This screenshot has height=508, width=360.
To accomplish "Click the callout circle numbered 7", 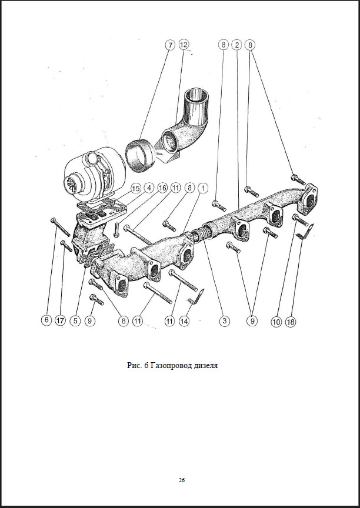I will [170, 45].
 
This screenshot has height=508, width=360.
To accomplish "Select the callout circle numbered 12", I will [184, 45].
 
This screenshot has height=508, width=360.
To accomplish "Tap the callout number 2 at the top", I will [237, 45].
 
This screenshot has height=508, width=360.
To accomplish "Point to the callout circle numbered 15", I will [135, 189].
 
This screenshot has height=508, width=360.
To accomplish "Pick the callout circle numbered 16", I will [162, 189].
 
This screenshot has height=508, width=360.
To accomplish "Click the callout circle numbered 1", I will [202, 189].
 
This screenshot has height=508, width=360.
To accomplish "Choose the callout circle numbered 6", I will [46, 321].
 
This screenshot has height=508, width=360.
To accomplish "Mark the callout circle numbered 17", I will [61, 321].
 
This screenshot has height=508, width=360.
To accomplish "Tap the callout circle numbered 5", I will [75, 321].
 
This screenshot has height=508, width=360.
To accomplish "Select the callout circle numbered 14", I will [185, 321].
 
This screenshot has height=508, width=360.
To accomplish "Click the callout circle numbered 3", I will [225, 321].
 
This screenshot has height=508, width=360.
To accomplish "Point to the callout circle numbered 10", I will [277, 321].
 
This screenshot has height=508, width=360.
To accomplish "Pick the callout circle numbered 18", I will [291, 321].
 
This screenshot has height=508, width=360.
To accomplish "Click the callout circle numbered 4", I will [149, 189].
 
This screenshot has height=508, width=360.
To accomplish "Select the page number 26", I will [182, 480].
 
